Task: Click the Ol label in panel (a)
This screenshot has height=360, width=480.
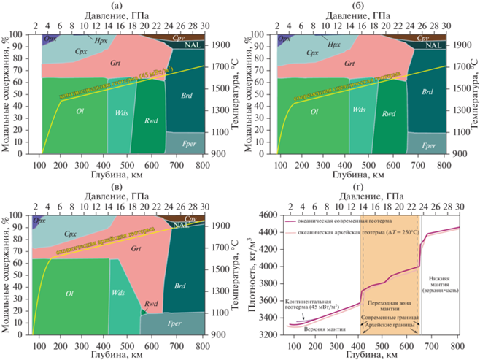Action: pyautogui.click(x=81, y=112)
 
